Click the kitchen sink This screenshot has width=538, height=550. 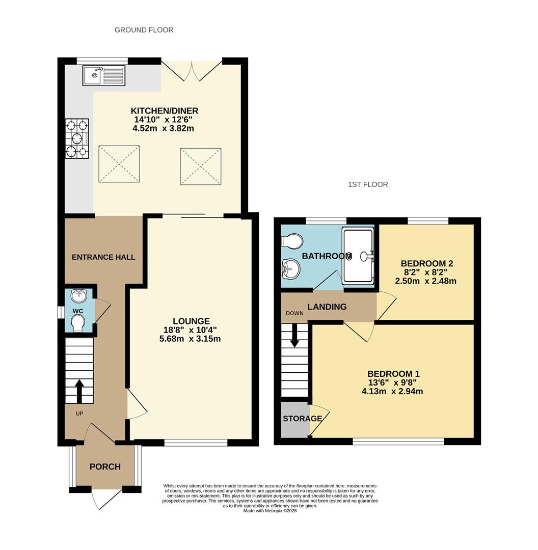click(x=104, y=75)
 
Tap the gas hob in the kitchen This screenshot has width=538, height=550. click(x=77, y=138)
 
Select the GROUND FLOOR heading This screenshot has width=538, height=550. click(x=144, y=30)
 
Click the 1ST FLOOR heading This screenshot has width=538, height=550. click(x=368, y=184)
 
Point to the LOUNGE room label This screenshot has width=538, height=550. click(x=191, y=321)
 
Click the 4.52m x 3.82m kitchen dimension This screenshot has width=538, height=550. click(x=163, y=128)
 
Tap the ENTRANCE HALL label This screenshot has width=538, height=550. click(x=103, y=257)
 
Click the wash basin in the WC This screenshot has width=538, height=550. click(x=78, y=296)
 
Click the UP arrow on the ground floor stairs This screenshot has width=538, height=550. click(x=79, y=391)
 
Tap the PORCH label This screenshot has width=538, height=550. click(x=105, y=466)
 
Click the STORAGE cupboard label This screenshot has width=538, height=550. click(x=303, y=419)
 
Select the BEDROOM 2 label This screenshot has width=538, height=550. click(x=427, y=263)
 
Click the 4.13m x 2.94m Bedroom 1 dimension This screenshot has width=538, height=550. click(x=392, y=391)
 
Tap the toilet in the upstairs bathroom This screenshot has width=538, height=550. click(x=292, y=241)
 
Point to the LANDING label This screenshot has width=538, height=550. click(x=327, y=307)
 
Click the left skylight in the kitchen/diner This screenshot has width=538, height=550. click(x=119, y=164)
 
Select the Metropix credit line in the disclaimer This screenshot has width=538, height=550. click(x=270, y=511)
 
